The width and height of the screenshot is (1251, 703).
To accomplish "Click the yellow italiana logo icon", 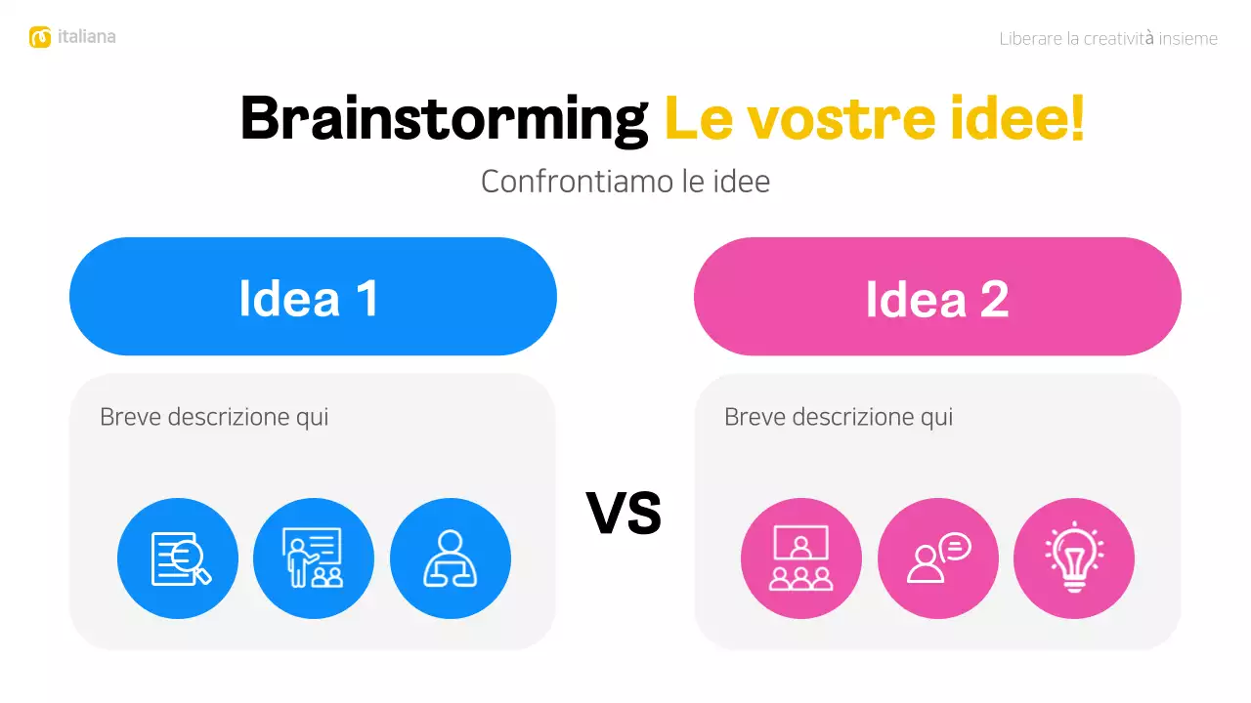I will (x=40, y=37).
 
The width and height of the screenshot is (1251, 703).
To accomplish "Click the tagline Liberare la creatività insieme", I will (x=1108, y=39).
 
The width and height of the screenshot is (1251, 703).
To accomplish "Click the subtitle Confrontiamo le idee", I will (x=625, y=182).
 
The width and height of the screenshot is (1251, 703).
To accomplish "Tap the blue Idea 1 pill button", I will (x=313, y=297).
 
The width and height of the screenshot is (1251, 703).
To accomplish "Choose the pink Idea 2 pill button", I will (x=937, y=297).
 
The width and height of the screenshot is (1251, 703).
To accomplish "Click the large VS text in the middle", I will (x=625, y=514).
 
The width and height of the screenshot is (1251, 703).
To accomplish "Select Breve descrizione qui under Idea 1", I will (x=214, y=417).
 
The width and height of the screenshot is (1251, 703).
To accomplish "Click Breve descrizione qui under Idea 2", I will (x=839, y=417).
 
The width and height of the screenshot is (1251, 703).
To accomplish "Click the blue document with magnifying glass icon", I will (x=178, y=558).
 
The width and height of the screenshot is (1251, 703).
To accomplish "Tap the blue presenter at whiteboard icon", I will (x=314, y=558).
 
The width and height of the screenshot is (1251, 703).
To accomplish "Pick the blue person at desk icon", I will (x=451, y=558).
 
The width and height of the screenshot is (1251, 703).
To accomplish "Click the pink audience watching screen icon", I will (x=801, y=558).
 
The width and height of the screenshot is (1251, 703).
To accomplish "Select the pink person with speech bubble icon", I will (x=938, y=558).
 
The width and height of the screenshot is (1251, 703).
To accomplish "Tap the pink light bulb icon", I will (x=1074, y=558).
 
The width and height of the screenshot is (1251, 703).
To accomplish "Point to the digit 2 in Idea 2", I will (x=993, y=298).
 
